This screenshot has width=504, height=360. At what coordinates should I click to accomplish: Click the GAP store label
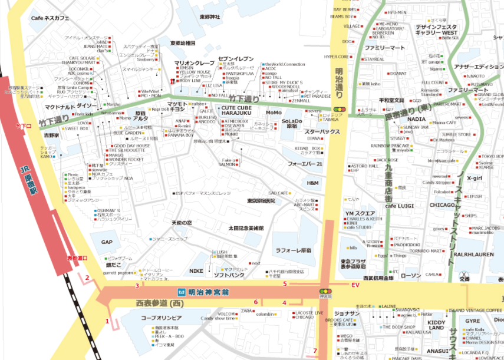pyautogui.click(x=107, y=242)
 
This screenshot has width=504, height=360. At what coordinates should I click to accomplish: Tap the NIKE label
pyautogui.click(x=196, y=271)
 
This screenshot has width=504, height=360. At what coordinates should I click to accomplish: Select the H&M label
pyautogui.click(x=312, y=183)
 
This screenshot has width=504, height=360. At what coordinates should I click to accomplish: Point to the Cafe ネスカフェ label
pyautogui.click(x=50, y=18)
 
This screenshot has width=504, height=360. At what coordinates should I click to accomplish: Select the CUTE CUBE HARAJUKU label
pyautogui.click(x=236, y=110)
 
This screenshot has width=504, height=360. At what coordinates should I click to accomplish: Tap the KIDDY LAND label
pyautogui.click(x=437, y=325)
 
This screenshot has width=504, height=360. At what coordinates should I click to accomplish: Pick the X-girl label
pyautogui.click(x=475, y=177)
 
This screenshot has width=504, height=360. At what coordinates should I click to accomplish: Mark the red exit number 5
pyautogui.click(x=285, y=284)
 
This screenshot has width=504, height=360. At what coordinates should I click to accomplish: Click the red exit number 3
pyautogui.click(x=137, y=286)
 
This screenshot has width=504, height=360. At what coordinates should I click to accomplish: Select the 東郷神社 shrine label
pyautogui.click(x=209, y=17)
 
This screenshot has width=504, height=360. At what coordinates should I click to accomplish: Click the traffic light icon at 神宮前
pyautogui.click(x=325, y=291)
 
